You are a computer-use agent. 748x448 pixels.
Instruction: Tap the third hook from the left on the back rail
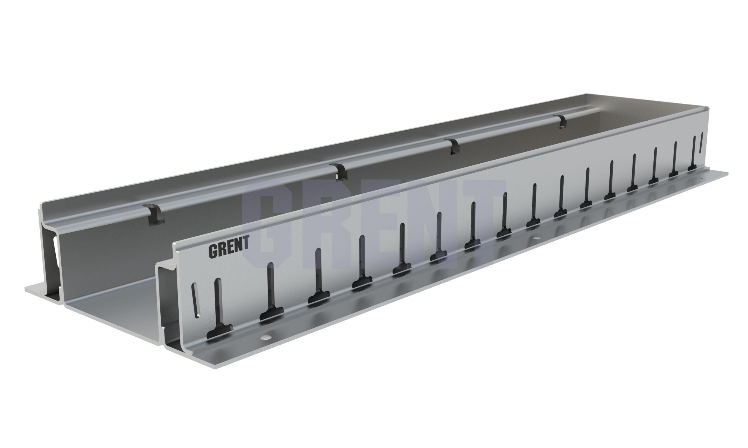pyautogui.click(x=452, y=146)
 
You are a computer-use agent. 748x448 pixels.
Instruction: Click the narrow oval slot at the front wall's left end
pyautogui.click(x=196, y=300)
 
